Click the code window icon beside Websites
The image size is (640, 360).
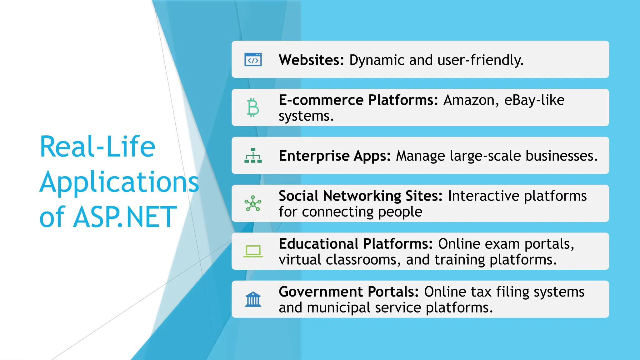point(253,60)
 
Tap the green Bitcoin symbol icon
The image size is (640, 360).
point(253,107)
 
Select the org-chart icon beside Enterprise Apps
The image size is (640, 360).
point(253,156)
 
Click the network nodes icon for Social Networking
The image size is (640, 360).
point(253,203)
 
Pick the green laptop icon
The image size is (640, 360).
point(253,251)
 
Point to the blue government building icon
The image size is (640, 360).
point(253,299)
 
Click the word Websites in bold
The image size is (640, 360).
point(311,60)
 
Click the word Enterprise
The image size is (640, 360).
point(314,156)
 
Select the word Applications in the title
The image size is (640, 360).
point(119,182)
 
